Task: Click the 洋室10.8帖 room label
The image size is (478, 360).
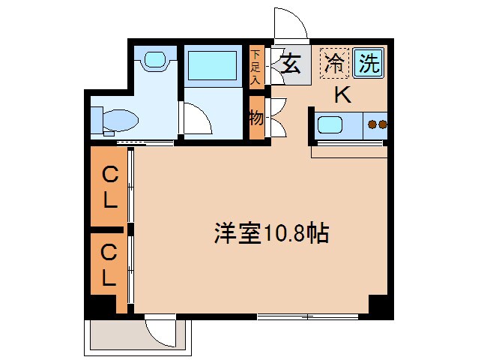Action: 271,234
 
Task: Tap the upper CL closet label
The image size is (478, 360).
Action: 109,187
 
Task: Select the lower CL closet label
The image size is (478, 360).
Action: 109,265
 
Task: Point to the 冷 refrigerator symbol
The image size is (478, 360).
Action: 335,63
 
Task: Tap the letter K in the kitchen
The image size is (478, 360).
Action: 342,95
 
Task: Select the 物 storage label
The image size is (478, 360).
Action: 255,118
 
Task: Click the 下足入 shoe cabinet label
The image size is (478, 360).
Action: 255,66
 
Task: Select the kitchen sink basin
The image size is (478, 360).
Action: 330,124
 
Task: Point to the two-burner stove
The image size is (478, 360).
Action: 377,124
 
